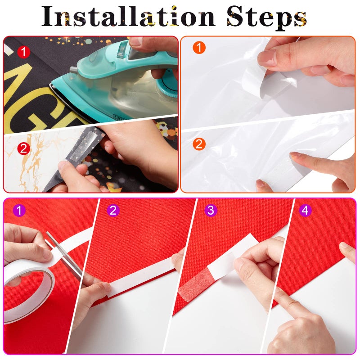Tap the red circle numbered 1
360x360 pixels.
tap(23, 52)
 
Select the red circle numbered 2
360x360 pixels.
tap(23, 148)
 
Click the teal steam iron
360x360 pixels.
tap(117, 85)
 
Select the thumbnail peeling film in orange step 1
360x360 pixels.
tap(268, 58)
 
